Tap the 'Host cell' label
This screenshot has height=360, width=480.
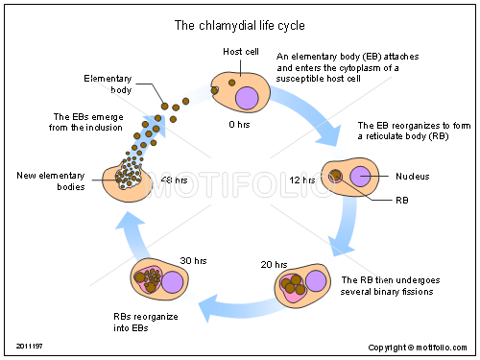tap(239, 51)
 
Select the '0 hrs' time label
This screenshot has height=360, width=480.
tap(240, 124)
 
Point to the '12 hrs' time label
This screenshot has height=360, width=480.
tap(301, 179)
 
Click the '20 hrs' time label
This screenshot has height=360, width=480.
tap(274, 264)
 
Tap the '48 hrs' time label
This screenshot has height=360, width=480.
tap(174, 180)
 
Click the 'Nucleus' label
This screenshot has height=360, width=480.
tap(414, 177)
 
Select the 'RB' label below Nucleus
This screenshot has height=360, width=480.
tap(403, 201)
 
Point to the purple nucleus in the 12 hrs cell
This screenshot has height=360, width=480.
tap(361, 177)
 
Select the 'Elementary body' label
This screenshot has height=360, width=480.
tap(108, 84)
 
